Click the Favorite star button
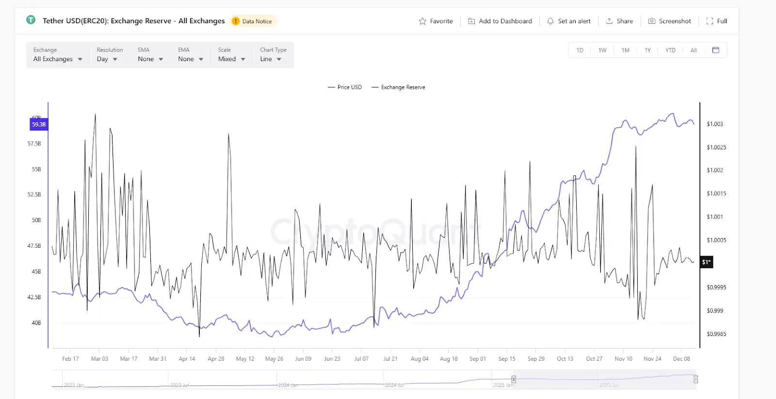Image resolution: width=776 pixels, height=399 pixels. coord(436,21)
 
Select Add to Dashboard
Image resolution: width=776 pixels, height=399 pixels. coord(500,21)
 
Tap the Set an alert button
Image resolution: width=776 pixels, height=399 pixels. coord(569,21)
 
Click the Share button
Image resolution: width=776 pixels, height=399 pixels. coord(619,21)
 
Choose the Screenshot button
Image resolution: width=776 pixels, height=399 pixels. coord(669,21)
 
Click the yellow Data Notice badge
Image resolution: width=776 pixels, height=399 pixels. coord(252,21)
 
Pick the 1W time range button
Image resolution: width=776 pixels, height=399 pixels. coord(602,50)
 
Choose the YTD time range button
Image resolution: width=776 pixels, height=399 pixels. coord(670,50)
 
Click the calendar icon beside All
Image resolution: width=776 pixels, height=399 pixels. coord(715,50)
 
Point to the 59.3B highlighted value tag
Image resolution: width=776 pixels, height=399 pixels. coord(39,125)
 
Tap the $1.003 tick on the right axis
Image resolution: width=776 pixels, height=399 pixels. coord(714,124)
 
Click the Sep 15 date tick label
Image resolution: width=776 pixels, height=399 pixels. coord(507,359)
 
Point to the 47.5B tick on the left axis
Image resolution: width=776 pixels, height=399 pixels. coord(34,246)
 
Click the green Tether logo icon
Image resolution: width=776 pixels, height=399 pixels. coord(31,20)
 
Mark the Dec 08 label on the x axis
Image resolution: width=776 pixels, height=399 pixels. coord(681,359)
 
